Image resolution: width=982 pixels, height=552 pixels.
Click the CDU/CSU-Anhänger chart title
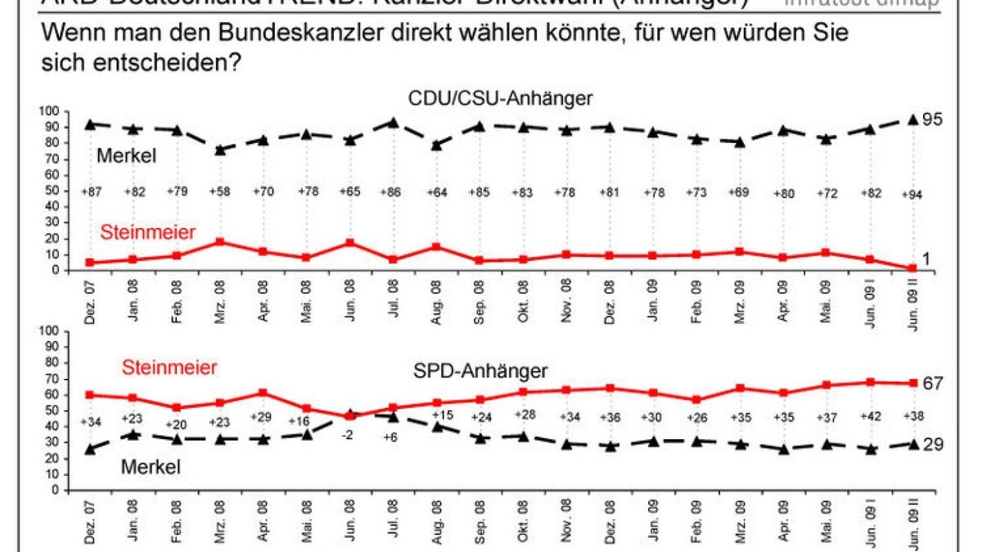click(x=499, y=99)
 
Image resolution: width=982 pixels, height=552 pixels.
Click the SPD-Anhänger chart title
click(x=479, y=371)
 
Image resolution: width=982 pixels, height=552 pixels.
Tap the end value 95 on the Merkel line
click(x=933, y=119)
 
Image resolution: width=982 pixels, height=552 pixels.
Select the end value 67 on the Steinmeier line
click(x=933, y=383)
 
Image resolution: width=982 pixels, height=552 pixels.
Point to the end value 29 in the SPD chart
click(x=933, y=444)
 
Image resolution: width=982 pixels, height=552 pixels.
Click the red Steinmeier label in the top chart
click(x=148, y=233)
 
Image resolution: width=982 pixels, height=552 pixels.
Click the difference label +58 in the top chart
click(x=218, y=192)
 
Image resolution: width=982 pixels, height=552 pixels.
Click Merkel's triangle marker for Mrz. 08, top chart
click(x=219, y=150)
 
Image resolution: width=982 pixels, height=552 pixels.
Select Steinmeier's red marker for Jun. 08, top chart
click(x=349, y=243)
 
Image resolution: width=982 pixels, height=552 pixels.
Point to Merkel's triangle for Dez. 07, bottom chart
click(x=89, y=449)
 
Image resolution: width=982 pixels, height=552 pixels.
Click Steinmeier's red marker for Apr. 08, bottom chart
click(x=262, y=393)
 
